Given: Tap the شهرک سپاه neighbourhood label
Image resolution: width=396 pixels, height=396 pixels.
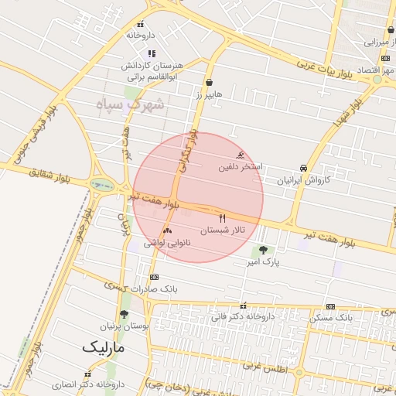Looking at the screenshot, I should click(x=131, y=104).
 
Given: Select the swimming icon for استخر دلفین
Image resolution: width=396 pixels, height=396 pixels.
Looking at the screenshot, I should click(x=246, y=155).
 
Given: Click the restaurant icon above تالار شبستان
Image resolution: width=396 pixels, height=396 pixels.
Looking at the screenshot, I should click(x=224, y=218).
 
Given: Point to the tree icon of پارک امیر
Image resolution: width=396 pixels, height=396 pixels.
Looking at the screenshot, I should click(x=263, y=250).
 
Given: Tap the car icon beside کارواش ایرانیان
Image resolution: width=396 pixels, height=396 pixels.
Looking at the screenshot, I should click(x=303, y=168).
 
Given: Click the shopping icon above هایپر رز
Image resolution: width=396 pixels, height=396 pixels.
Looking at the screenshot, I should click(x=209, y=82).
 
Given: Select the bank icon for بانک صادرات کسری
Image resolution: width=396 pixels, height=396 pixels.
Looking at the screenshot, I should click(x=154, y=276).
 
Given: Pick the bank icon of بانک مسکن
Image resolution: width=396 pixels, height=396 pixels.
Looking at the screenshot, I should click(x=331, y=306).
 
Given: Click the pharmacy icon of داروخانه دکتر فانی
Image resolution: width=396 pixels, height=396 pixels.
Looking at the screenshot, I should click(x=244, y=306).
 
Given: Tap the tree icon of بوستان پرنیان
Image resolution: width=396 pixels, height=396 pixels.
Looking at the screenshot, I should click(x=124, y=314).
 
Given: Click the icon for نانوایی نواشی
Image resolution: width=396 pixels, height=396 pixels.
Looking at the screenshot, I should click(x=167, y=230).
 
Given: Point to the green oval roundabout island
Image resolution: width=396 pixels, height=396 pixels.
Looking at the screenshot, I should click(x=101, y=184).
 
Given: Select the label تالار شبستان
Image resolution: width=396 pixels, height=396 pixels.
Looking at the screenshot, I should click(x=223, y=230).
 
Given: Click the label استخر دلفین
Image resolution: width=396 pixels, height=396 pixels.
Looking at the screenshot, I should click(x=241, y=166).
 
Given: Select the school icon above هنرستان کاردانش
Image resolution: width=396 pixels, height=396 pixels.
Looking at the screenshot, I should click(x=152, y=53).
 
